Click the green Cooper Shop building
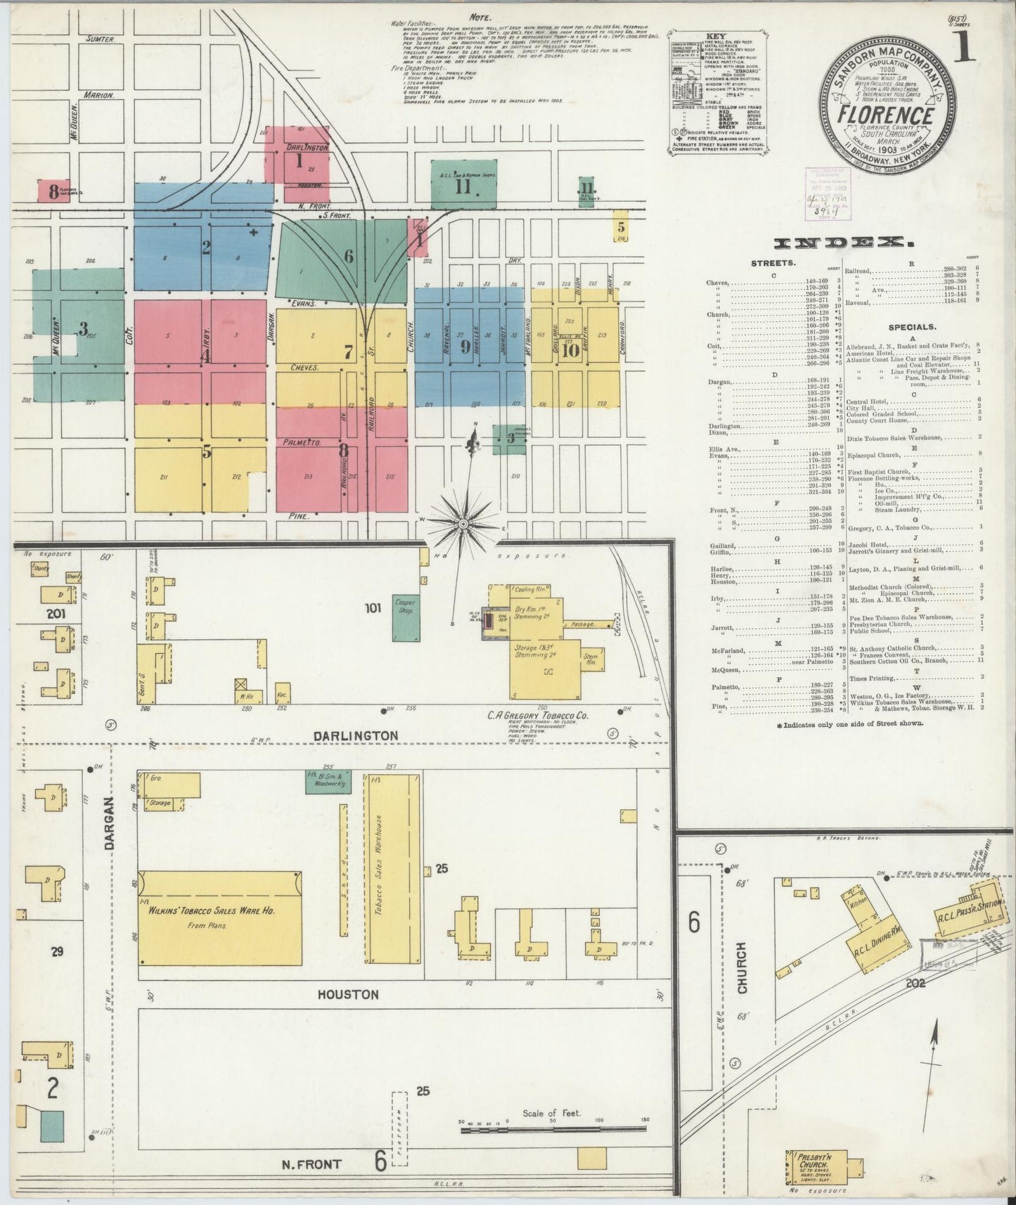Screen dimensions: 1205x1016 tap(404, 618)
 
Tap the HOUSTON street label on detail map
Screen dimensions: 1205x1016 tap(347, 994)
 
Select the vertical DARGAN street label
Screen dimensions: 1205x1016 tap(109, 824)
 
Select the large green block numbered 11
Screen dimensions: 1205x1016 tap(463, 186)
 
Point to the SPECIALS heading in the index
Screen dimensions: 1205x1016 tap(911, 327)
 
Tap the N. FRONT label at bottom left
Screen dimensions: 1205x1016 tap(311, 1164)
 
